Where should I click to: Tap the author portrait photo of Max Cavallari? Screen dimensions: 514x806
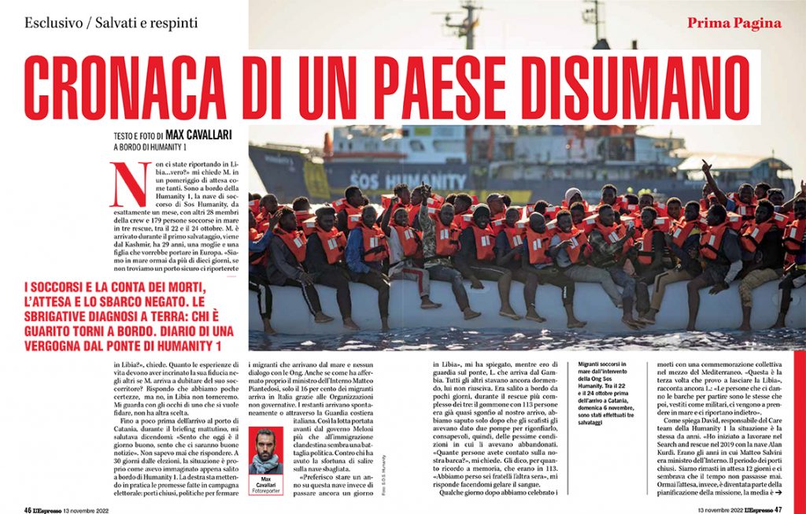click(266, 451)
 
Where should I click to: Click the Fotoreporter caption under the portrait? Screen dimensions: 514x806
click(266, 490)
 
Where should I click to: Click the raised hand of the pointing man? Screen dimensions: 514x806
click(706, 165)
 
